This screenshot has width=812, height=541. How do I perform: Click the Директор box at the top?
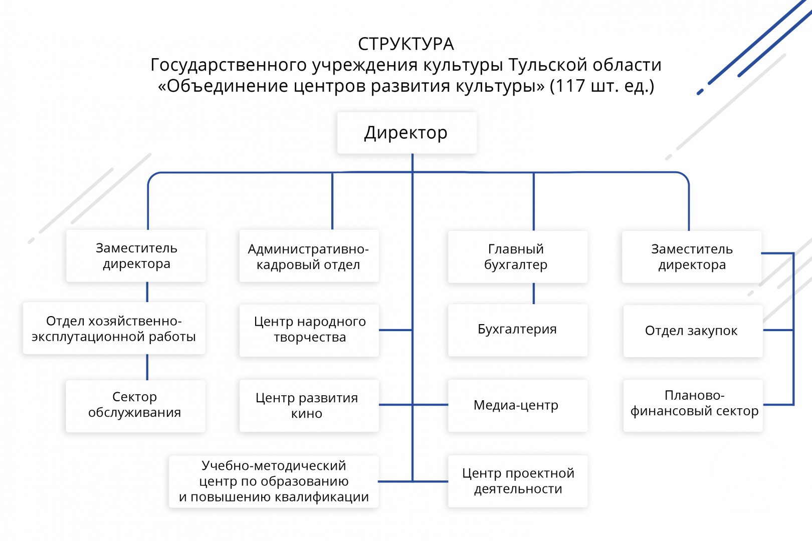[407, 133]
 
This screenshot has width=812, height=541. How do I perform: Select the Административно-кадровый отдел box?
[309, 256]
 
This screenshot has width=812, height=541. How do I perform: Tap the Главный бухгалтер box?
[517, 256]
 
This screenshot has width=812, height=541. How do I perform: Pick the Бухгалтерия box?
[517, 330]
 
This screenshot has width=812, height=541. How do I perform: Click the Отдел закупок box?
[692, 331]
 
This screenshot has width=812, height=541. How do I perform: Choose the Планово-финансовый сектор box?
[693, 405]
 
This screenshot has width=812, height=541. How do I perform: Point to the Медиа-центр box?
[517, 405]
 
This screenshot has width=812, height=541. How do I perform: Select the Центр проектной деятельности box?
[517, 481]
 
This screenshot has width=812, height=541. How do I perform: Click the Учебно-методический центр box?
[274, 481]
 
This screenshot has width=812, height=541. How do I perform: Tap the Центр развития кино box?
[309, 405]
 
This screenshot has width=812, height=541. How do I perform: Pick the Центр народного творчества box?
[309, 330]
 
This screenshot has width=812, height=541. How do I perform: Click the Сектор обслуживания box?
[135, 405]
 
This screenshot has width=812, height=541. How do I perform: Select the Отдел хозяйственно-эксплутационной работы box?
[114, 329]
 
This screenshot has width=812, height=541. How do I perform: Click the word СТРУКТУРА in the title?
[406, 44]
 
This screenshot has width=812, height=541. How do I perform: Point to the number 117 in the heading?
[571, 86]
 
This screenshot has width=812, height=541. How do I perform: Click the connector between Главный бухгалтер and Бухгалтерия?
[534, 294]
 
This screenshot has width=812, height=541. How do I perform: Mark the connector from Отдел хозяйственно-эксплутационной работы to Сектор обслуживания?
[147, 367]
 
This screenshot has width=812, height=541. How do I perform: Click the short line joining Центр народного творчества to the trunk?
[395, 330]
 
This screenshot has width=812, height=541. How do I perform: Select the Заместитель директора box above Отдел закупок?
[692, 256]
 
